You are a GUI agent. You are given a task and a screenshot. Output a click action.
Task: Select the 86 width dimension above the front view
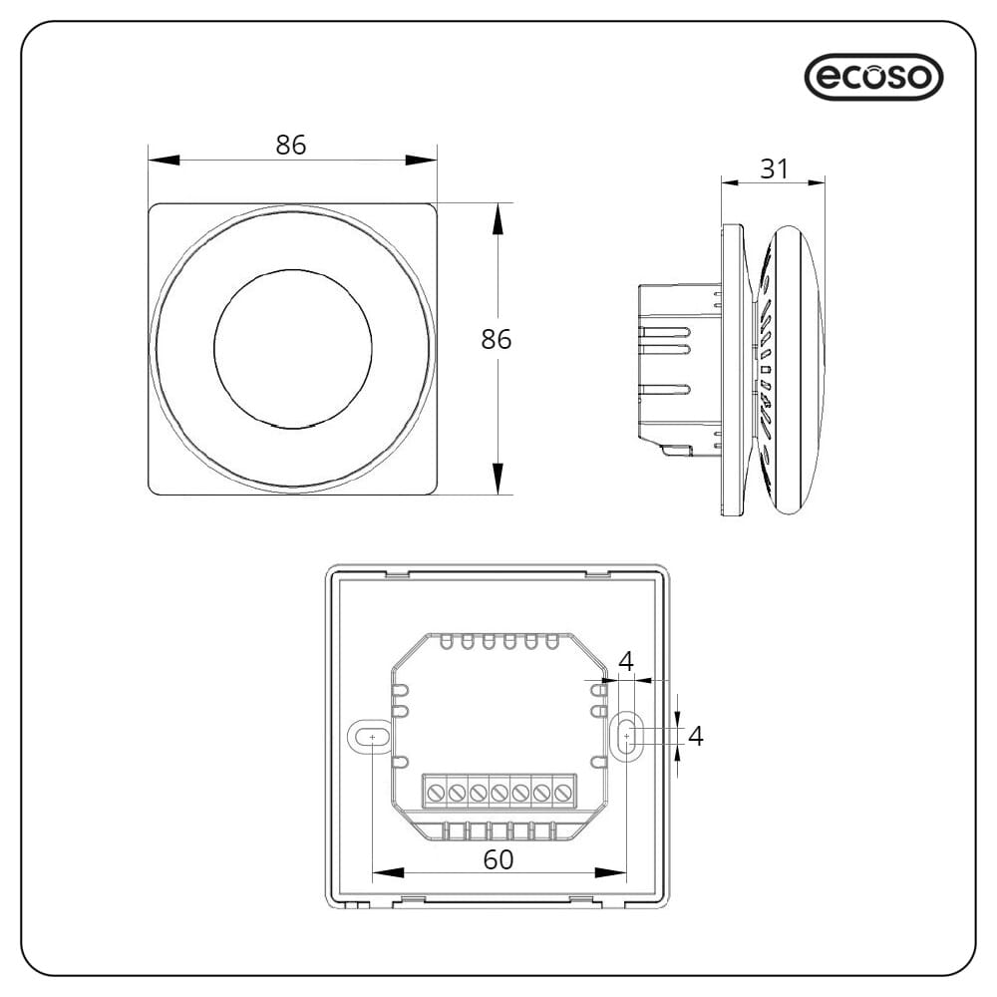click(x=290, y=145)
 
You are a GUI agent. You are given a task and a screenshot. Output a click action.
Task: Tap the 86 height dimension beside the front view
click(x=496, y=339)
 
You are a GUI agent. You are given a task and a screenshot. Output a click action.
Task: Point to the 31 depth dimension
click(x=774, y=168)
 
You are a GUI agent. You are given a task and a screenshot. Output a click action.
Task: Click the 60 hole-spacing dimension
click(x=498, y=859)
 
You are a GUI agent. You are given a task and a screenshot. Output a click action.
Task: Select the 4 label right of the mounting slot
click(x=696, y=736)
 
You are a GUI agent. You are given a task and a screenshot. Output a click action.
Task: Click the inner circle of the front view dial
click(x=292, y=347)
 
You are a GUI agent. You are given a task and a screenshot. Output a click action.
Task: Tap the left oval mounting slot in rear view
click(x=372, y=737)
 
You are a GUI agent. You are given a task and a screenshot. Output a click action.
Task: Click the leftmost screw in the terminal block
click(x=436, y=793)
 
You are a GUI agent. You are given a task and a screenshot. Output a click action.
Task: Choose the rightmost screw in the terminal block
click(x=563, y=793)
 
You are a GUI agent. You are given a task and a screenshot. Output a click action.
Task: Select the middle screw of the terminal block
click(x=499, y=793)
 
